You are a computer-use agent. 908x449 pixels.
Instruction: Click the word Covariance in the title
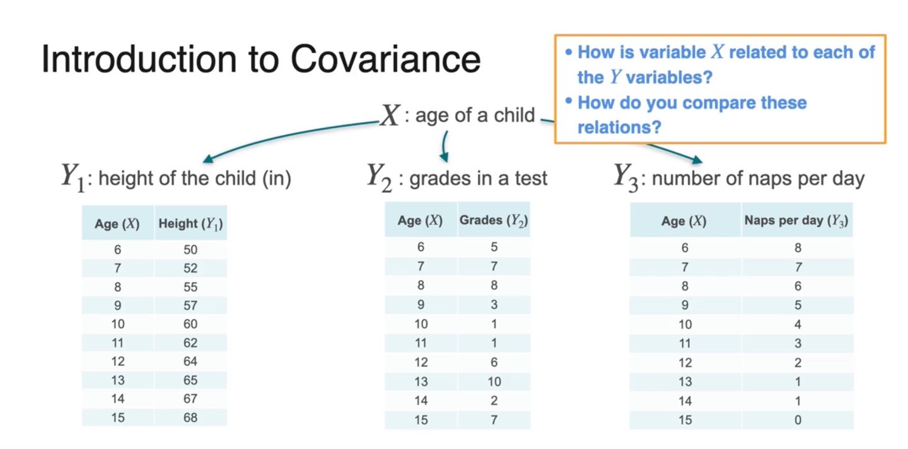(x=385, y=59)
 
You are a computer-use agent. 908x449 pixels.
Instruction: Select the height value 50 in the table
(x=190, y=249)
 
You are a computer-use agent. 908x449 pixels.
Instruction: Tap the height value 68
(x=190, y=417)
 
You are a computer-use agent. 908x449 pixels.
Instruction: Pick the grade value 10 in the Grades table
(x=494, y=382)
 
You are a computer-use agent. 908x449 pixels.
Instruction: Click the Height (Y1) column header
(x=190, y=223)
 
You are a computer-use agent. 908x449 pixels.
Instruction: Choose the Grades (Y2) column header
(x=493, y=221)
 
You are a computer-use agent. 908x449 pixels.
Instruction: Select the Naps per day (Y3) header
(x=796, y=221)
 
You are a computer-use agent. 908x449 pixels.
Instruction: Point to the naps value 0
(x=798, y=420)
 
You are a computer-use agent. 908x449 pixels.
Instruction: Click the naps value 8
(x=798, y=248)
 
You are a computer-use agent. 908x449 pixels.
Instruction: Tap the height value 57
(x=190, y=305)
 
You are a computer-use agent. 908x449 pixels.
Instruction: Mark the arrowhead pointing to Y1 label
(x=208, y=158)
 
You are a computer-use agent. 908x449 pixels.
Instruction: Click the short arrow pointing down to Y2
(x=445, y=146)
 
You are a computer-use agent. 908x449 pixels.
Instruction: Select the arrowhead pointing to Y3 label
(x=697, y=160)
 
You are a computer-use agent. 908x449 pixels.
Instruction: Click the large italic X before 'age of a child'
(x=390, y=115)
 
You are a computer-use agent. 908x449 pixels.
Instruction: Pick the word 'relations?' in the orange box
(x=619, y=127)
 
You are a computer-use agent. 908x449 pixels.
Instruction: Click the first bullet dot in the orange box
(x=569, y=52)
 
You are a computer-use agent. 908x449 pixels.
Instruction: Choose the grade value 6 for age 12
(x=494, y=362)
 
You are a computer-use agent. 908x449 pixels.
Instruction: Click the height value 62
(x=190, y=343)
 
